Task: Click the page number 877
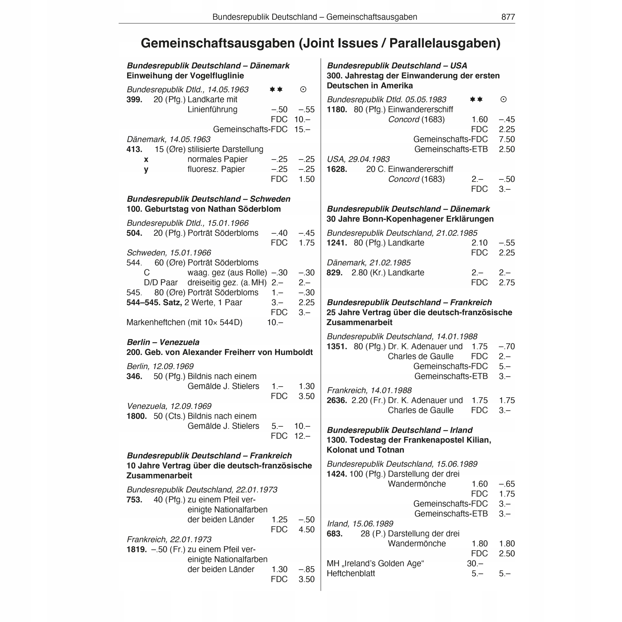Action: [x=508, y=17]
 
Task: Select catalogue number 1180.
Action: [x=337, y=110]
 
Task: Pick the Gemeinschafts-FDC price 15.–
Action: [x=302, y=130]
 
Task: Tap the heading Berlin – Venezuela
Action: [x=163, y=342]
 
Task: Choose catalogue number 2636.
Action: [x=337, y=400]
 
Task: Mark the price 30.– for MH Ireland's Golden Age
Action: [x=475, y=563]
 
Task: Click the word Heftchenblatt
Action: [x=351, y=573]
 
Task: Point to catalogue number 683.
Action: [x=335, y=534]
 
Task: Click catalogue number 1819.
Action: [x=137, y=549]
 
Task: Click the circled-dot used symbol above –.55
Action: [x=303, y=89]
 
